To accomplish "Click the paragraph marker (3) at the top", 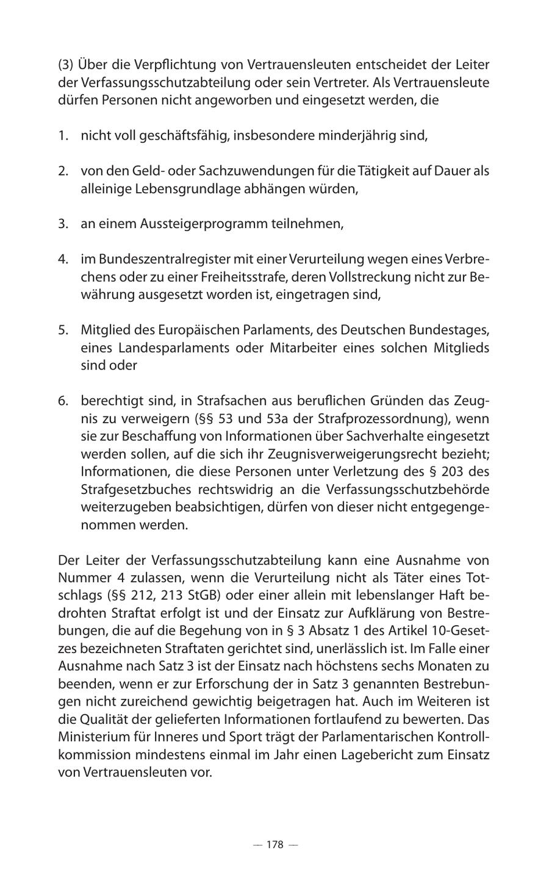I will (65, 65).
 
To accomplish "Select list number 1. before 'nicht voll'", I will (63, 135).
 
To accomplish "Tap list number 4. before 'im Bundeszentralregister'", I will (63, 259).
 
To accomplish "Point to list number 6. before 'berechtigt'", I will (63, 401).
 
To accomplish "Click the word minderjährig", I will (355, 135).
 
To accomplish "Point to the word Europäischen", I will (196, 331).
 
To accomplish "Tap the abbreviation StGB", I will (195, 595).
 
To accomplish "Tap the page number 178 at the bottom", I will (275, 845).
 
